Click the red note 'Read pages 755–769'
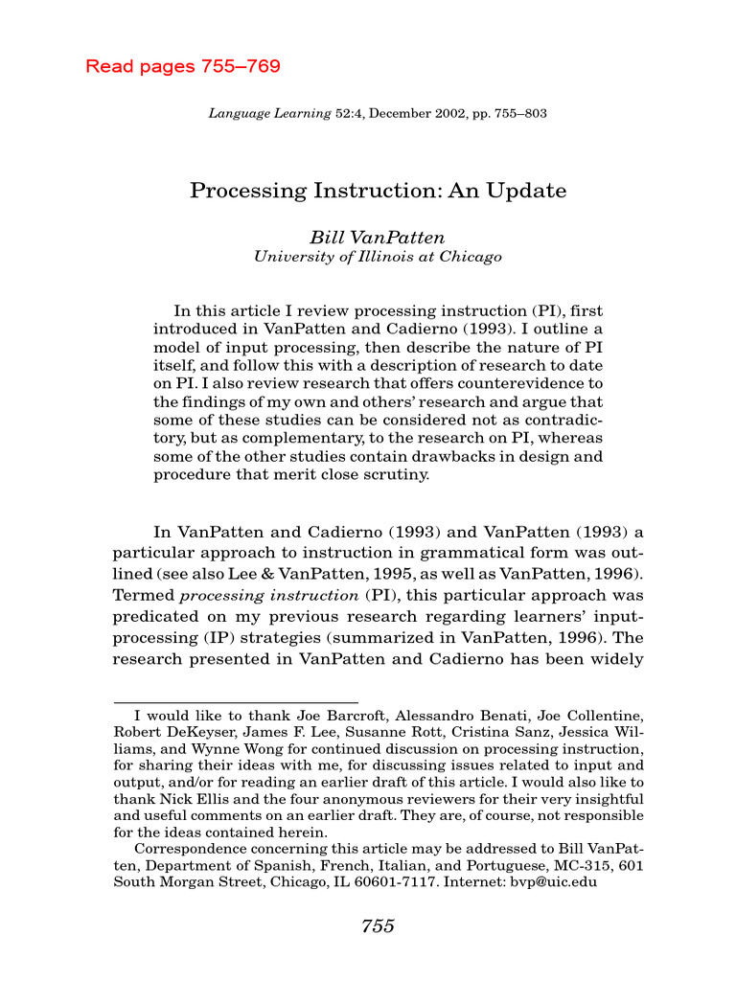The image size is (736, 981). [x=183, y=67]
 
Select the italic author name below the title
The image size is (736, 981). [x=377, y=237]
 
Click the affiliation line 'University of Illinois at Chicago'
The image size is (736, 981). [x=377, y=257]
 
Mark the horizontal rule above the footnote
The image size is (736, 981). [x=235, y=702]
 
